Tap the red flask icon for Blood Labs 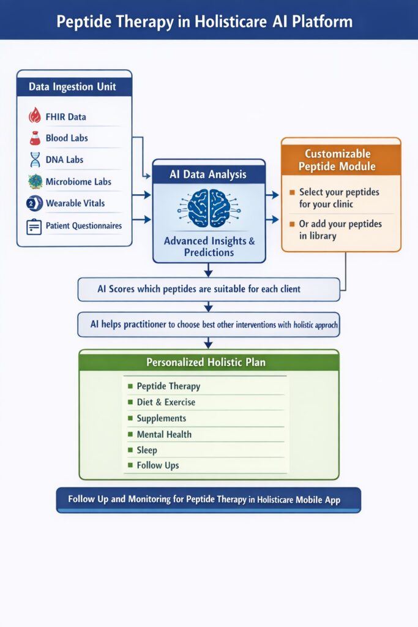coord(35,138)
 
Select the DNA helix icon coord(35,160)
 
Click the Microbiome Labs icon coord(35,182)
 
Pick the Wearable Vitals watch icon coord(34,203)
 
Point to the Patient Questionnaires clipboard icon coord(34,226)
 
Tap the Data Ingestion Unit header coord(74,87)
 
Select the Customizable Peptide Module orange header coord(341,160)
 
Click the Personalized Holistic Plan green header coord(209,362)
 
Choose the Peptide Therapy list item coord(168,386)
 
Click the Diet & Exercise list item coord(166,402)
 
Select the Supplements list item coord(162,418)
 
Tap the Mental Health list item coord(164,434)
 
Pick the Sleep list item coord(147,450)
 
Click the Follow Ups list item coord(158,465)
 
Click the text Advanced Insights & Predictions coord(209,247)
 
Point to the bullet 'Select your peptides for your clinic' coord(338,198)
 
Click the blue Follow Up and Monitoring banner coord(208,500)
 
